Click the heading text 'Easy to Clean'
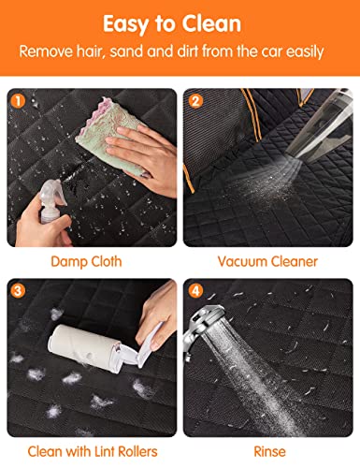[x=180, y=22]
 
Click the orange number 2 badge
[x=196, y=97]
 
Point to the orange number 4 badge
[x=196, y=291]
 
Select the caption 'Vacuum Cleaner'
[x=268, y=261]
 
